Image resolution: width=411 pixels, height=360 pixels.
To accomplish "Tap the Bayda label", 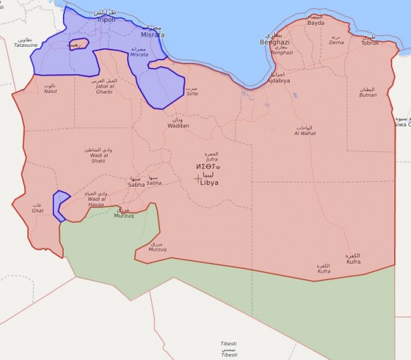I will pos(316,23).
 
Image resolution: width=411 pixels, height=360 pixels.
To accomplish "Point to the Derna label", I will pos(335,41).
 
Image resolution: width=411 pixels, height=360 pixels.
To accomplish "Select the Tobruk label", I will pos(369,43).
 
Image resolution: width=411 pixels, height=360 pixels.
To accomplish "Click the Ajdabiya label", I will pos(278,80).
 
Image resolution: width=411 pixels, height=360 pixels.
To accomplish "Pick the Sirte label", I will pos(192,94).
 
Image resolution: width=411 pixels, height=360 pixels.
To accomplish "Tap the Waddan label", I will pos(178,125).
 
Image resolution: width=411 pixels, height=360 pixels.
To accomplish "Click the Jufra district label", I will pos(212,160).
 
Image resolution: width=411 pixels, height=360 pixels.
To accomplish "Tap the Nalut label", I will pos(51,91).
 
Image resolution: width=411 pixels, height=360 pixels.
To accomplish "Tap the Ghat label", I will pos(37,211).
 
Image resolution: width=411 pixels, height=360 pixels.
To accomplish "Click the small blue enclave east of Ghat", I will pos(61,204).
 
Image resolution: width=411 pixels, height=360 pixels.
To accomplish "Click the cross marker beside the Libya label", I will pos(197,178).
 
